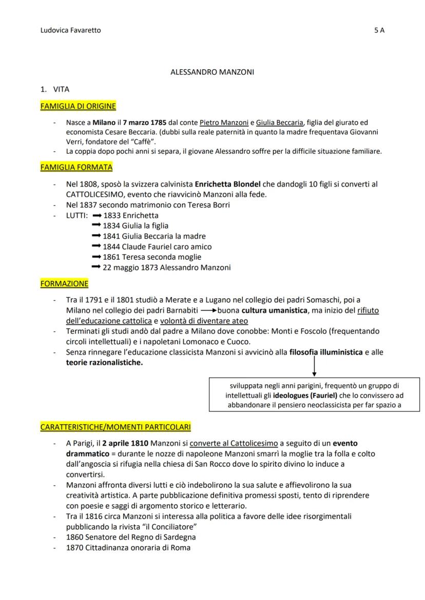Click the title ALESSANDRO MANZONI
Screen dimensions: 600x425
[x=212, y=72]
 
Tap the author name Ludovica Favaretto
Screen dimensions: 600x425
[x=70, y=30]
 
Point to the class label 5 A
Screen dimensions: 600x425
[x=379, y=30]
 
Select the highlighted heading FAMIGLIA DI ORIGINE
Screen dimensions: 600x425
[x=78, y=107]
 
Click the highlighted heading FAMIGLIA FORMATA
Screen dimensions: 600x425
[x=76, y=168]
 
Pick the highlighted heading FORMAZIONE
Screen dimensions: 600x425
[x=64, y=283]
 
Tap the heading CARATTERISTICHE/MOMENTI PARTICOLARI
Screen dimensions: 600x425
[x=115, y=427]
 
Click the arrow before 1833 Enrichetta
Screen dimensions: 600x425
[x=96, y=215]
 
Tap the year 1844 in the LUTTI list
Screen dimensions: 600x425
[x=111, y=246]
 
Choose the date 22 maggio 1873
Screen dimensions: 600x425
[x=132, y=267]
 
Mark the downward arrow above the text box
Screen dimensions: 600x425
[x=313, y=366]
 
